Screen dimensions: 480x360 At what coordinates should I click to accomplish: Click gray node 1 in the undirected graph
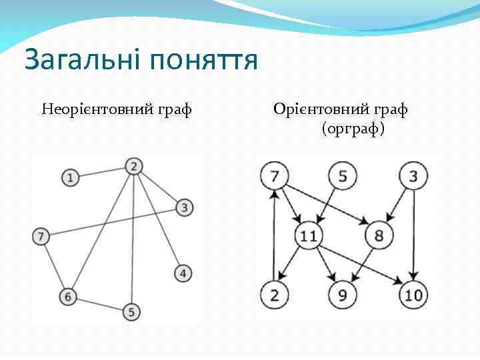[x=70, y=177]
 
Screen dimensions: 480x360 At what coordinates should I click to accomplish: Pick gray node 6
[x=67, y=296]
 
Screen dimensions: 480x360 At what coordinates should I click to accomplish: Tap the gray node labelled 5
[x=131, y=311]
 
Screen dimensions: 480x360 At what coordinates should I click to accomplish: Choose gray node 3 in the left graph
[x=185, y=207]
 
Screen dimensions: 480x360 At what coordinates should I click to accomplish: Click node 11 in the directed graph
[x=309, y=235]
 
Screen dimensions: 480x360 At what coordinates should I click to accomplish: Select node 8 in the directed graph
[x=379, y=235]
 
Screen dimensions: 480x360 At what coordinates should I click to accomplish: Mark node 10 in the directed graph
[x=413, y=295]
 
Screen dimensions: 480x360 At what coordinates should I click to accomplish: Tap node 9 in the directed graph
[x=343, y=295]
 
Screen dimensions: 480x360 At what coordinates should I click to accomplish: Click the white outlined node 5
[x=343, y=177]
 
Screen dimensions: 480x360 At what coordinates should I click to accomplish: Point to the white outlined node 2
[x=273, y=295]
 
